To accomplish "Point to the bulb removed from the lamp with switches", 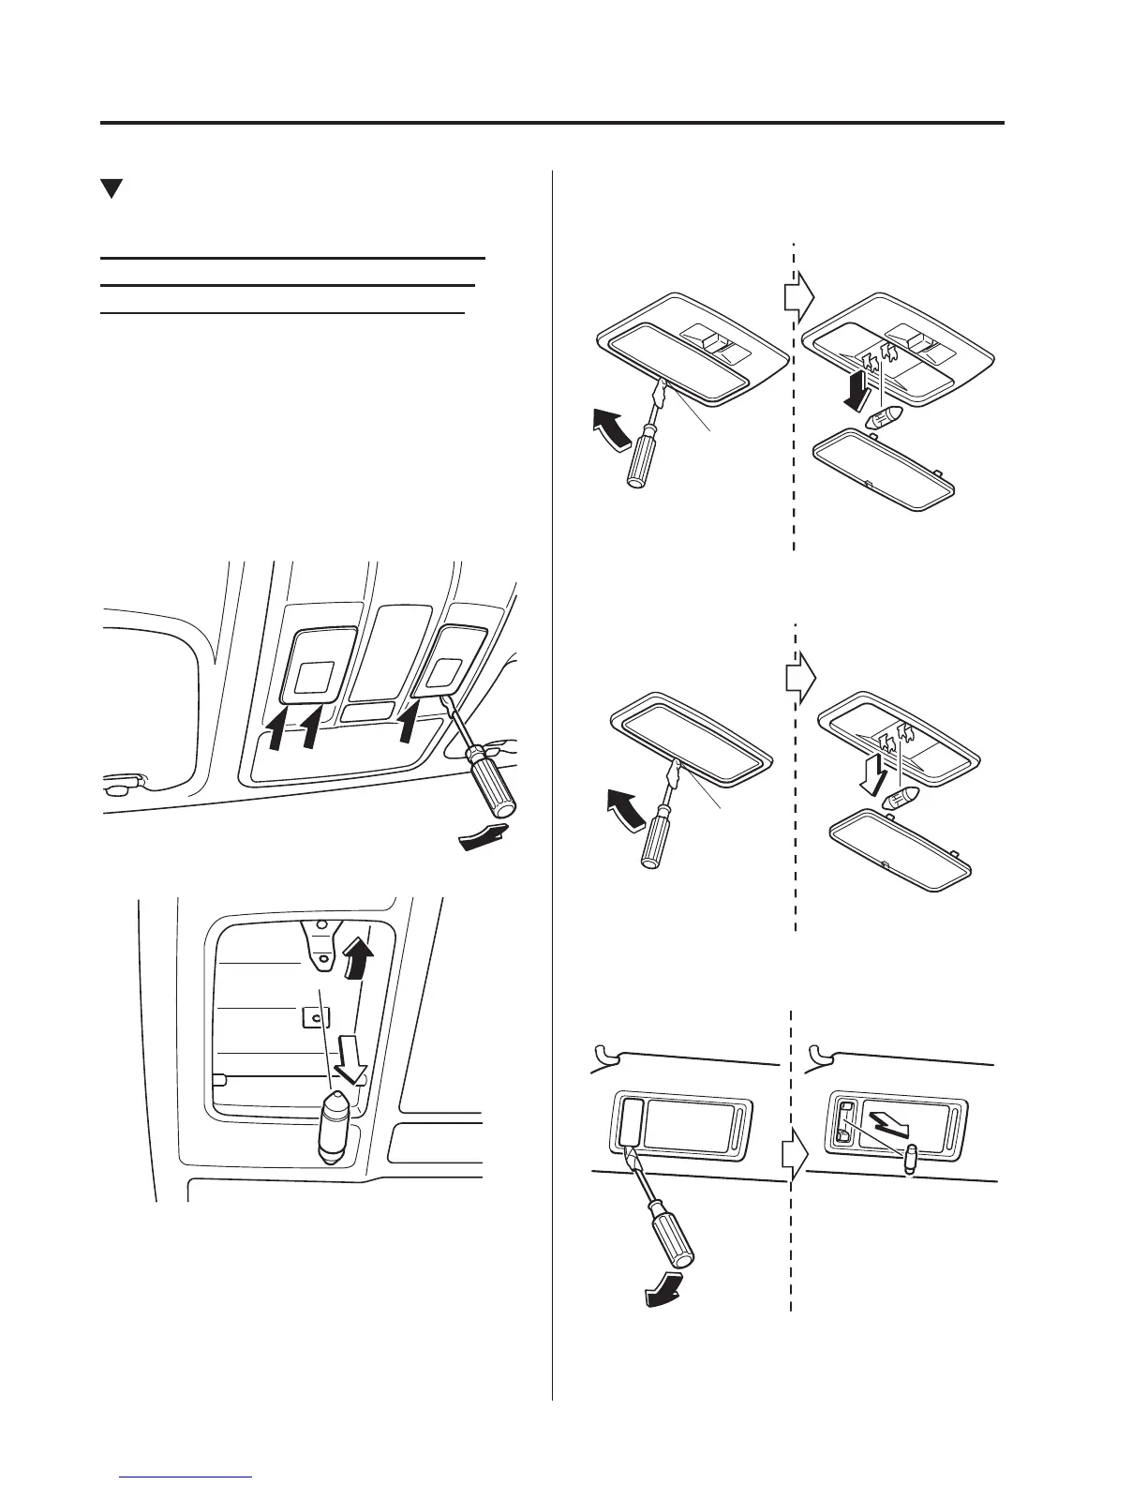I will point(886,416).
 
